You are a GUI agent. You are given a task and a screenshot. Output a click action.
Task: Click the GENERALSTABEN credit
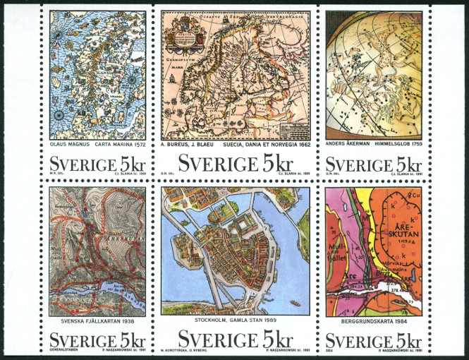tap(62, 349)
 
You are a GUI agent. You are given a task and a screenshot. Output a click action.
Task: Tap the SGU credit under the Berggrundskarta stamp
tap(329, 349)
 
